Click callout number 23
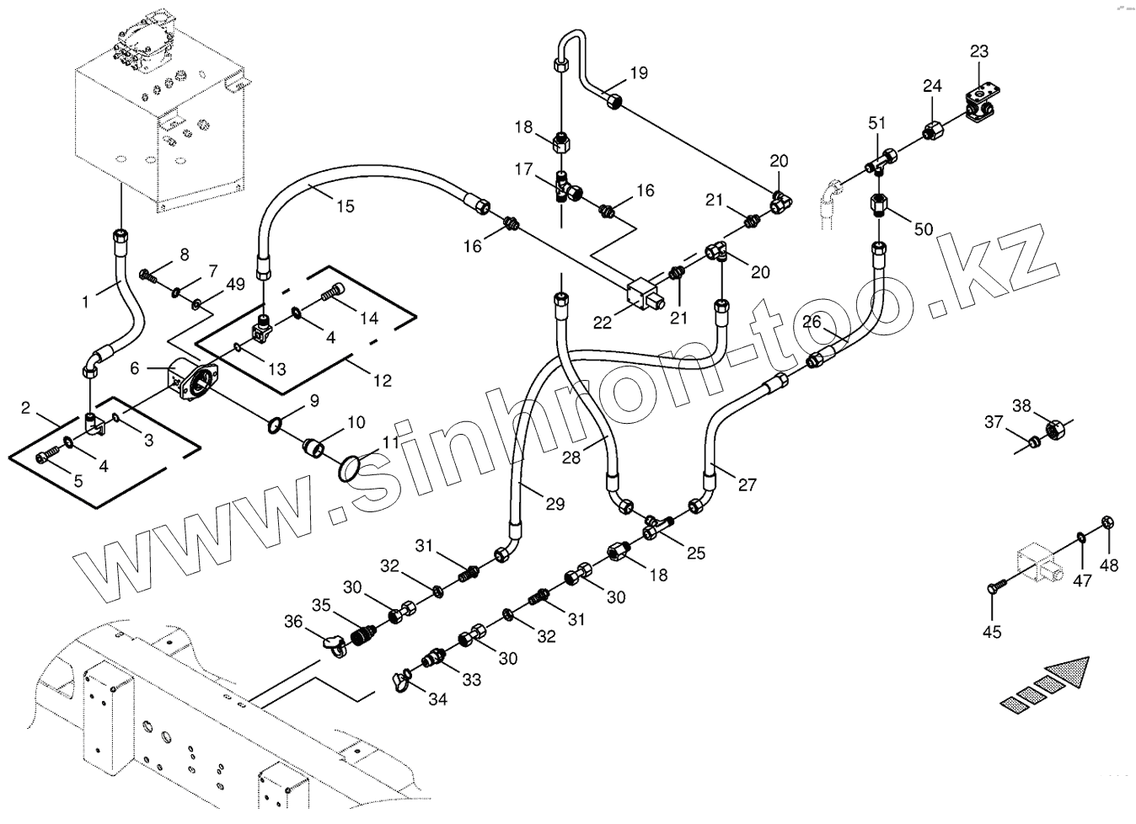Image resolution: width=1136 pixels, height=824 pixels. coord(978,52)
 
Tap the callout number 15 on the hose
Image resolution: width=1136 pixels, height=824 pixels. coord(345,206)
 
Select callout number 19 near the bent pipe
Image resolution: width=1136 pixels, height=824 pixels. coord(638,72)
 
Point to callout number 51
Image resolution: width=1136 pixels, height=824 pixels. coord(877,123)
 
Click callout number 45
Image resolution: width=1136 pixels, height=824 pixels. coord(993,631)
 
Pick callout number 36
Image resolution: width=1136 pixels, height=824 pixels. coord(292,621)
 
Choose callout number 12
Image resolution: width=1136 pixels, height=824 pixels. coord(382,380)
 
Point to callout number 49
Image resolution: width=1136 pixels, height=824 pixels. coord(235,284)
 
